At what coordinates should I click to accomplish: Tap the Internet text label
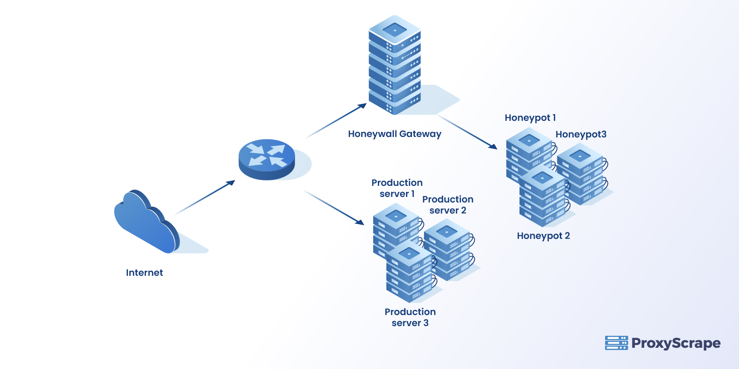point(144,273)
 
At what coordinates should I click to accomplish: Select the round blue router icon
point(267,159)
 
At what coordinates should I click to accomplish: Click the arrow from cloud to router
point(206,197)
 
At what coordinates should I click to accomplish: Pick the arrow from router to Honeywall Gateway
point(336,121)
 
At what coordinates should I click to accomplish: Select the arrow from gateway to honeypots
point(467,132)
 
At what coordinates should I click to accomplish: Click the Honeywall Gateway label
point(394,134)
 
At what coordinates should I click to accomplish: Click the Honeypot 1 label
point(530,118)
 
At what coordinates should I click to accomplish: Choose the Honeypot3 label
point(581,135)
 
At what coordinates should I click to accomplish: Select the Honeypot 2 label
point(543,236)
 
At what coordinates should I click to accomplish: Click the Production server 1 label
point(397,188)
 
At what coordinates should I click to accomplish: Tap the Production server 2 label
point(448,205)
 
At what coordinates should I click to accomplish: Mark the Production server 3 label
point(410,317)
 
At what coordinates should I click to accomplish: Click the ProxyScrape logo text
point(675,343)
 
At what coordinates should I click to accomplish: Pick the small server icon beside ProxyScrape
point(616,343)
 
